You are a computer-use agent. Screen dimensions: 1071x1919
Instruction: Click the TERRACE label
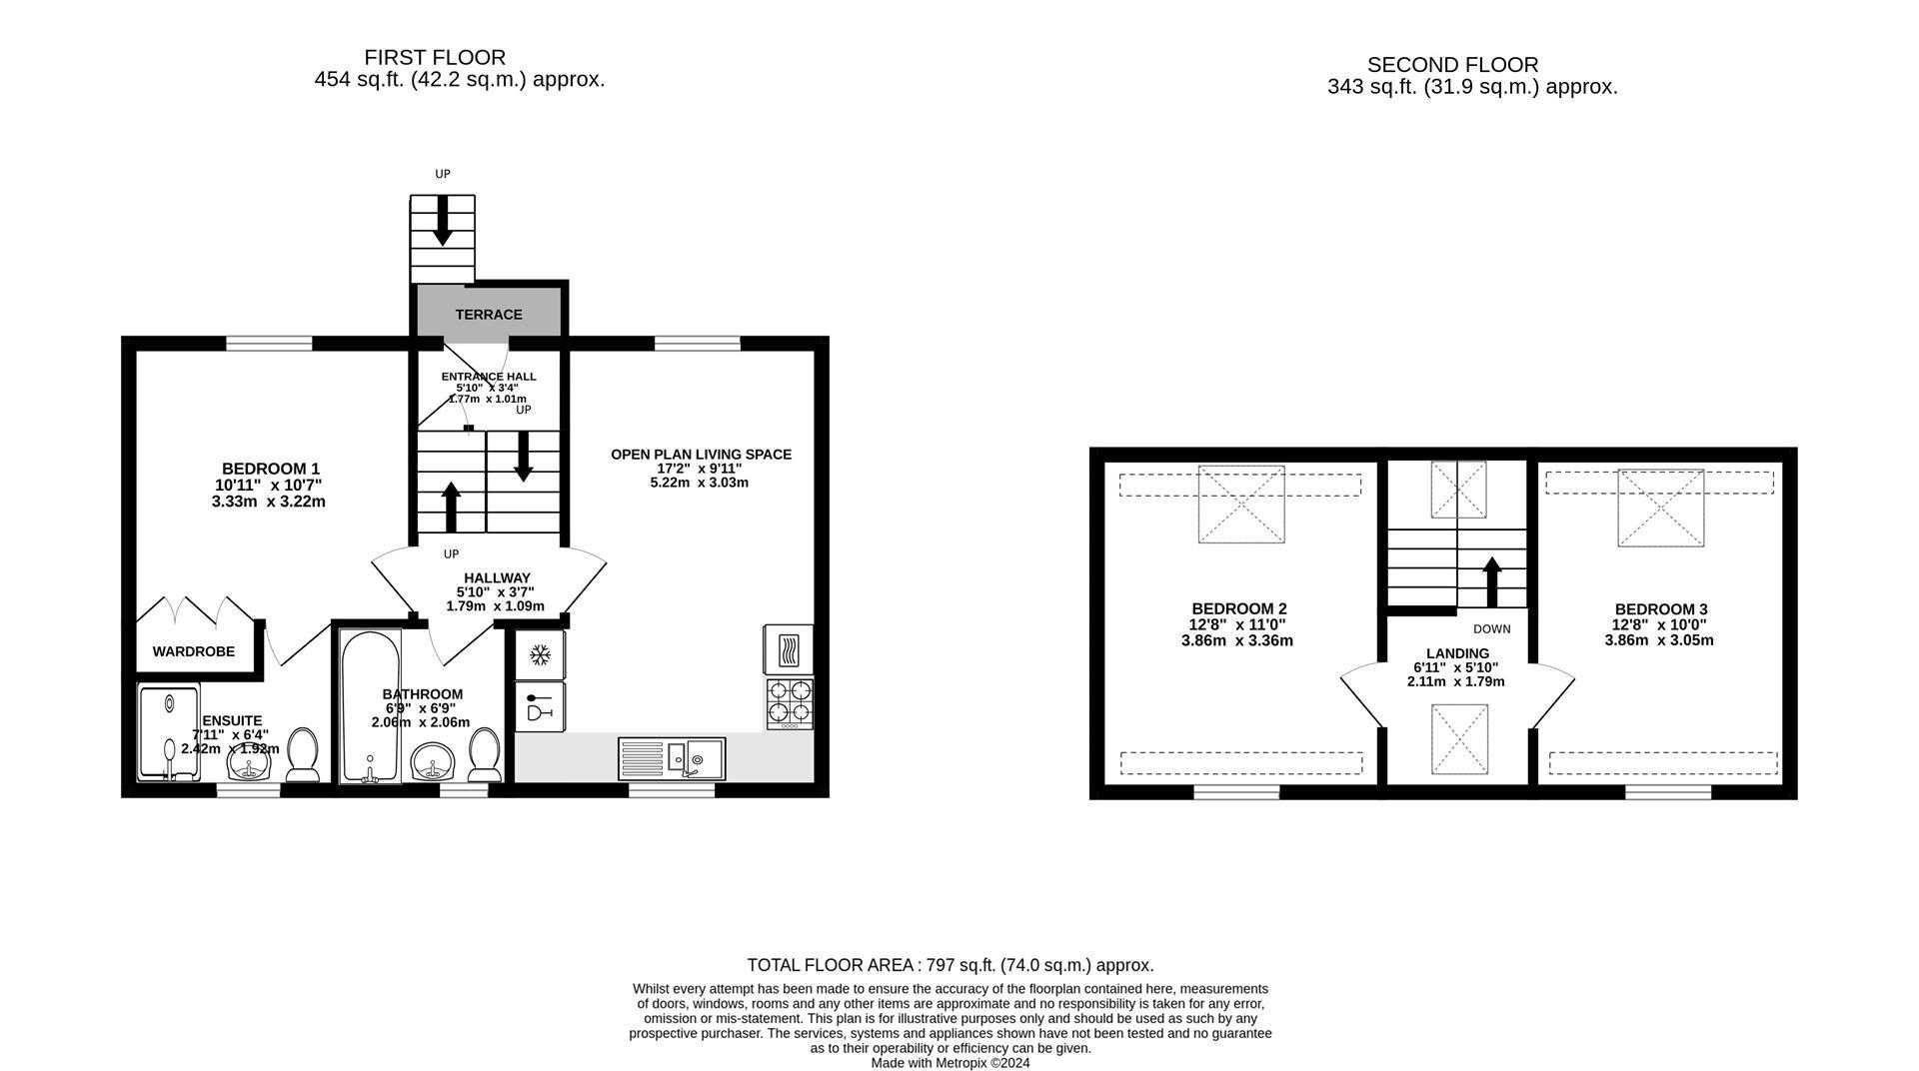489,315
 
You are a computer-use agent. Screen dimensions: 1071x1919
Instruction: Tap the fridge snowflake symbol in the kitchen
541,655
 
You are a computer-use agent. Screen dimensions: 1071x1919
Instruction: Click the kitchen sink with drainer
672,758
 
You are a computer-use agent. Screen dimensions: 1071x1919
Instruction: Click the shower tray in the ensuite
168,732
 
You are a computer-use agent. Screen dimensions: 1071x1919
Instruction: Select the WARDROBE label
194,651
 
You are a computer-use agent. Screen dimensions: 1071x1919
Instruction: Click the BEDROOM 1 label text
270,469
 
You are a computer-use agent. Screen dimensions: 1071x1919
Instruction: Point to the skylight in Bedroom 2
1241,505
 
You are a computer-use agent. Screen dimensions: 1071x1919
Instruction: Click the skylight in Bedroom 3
1660,508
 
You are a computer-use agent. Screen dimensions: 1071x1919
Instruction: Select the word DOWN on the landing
1491,629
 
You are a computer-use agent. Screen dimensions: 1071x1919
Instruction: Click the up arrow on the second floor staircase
1492,581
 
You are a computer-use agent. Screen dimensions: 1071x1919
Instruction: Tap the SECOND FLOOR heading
1452,65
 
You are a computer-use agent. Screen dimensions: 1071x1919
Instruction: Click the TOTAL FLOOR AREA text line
951,965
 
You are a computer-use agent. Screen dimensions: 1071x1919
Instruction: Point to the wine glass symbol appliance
541,706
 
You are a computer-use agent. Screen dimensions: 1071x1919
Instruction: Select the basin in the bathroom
434,764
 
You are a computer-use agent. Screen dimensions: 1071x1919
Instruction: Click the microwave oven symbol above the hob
789,649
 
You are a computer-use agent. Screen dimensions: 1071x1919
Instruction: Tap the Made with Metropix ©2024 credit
951,1063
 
